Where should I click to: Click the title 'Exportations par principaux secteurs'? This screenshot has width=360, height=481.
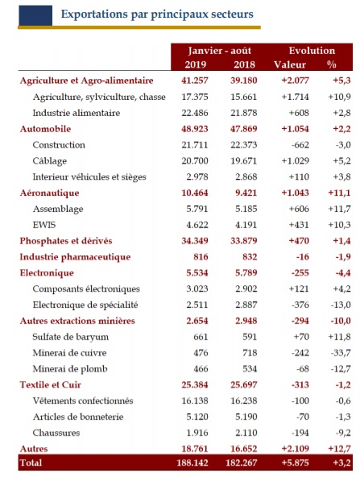(x=157, y=15)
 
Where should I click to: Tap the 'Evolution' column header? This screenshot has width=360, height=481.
(x=305, y=50)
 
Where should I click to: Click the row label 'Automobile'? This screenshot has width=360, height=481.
(x=45, y=128)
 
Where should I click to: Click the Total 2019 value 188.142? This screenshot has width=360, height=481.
(x=194, y=464)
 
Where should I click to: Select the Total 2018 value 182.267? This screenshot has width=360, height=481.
(x=238, y=464)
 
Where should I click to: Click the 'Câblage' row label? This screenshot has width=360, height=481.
(x=49, y=160)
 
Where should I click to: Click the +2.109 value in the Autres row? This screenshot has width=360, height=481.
(x=286, y=448)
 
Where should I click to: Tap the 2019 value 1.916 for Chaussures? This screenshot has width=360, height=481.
(x=197, y=432)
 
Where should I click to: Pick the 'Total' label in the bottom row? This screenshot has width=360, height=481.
(x=31, y=464)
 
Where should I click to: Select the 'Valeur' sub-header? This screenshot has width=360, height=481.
(x=290, y=64)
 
